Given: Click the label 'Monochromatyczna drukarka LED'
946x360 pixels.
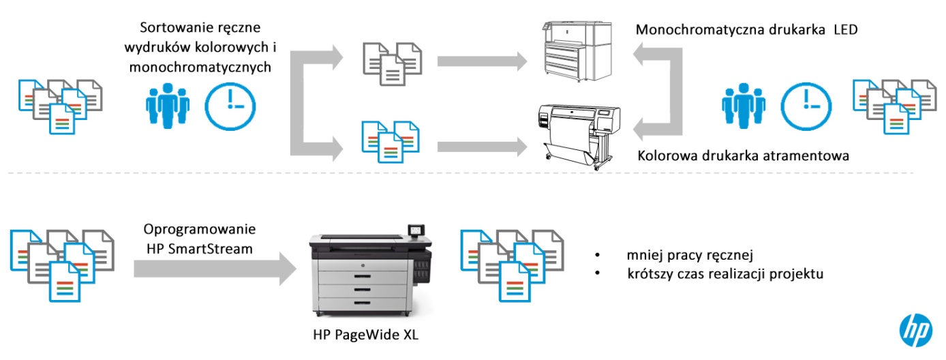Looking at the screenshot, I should [746, 31].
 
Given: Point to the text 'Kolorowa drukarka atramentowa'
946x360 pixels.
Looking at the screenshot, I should [743, 156].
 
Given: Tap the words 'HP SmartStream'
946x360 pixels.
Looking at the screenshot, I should [200, 249].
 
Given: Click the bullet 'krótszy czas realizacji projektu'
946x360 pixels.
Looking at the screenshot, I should [727, 274].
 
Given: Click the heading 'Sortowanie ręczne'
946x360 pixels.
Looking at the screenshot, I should [201, 28].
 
